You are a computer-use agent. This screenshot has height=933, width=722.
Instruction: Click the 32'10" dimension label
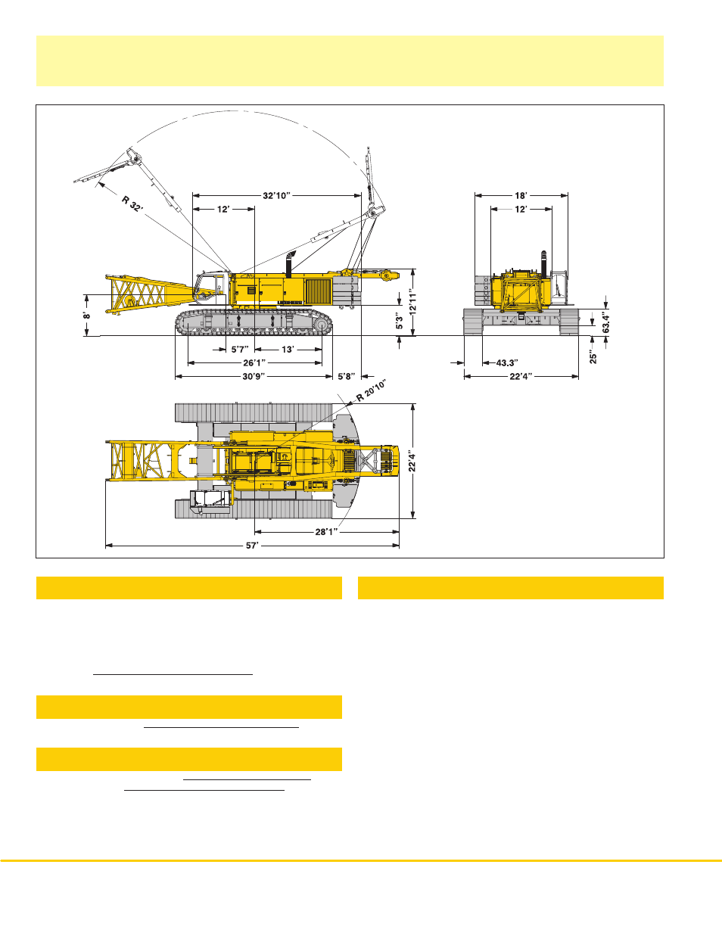(x=276, y=196)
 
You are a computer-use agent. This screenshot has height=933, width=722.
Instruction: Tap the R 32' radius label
(x=132, y=204)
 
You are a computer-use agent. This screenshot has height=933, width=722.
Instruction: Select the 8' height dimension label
(x=87, y=316)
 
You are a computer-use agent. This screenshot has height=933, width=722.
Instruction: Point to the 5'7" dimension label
(x=240, y=350)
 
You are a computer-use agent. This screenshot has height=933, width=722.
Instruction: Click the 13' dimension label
(x=288, y=350)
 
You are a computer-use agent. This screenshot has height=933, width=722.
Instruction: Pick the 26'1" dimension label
(x=254, y=363)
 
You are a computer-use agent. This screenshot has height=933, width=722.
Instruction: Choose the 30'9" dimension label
(x=254, y=377)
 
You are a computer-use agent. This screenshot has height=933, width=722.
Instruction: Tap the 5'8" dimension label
(x=347, y=377)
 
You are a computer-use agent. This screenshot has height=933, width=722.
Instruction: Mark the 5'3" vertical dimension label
(x=400, y=321)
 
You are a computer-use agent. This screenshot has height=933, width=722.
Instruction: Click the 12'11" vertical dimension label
(x=413, y=303)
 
